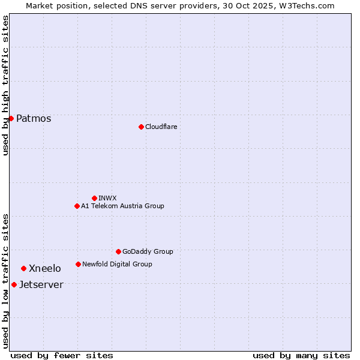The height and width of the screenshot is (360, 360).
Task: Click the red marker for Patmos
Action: [x=11, y=118]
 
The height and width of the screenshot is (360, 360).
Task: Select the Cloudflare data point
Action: [x=141, y=127]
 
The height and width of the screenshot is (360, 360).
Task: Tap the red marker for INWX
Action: [x=94, y=198]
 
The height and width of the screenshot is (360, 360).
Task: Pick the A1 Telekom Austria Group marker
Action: [x=77, y=206]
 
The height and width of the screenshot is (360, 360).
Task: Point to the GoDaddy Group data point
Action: [x=118, y=251]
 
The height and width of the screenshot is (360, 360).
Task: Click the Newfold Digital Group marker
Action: [x=78, y=264]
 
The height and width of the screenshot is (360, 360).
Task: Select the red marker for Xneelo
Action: [x=23, y=268]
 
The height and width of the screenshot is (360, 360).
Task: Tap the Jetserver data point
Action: [x=14, y=284]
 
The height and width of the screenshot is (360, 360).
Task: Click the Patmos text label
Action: [x=34, y=118]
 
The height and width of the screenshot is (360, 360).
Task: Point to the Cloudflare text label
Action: [x=161, y=127]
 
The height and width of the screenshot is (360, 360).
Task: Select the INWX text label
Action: [x=107, y=198]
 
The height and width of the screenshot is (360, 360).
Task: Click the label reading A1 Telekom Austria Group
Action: [x=122, y=206]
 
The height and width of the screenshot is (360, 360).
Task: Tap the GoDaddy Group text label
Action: [x=148, y=251]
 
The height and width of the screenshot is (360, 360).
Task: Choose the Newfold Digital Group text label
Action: [x=117, y=264]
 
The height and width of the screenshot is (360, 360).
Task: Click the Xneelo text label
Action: [x=45, y=268]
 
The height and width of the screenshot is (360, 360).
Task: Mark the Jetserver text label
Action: [x=41, y=284]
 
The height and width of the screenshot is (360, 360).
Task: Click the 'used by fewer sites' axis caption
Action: [x=62, y=355]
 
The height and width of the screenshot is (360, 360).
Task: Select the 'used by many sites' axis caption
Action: [x=301, y=355]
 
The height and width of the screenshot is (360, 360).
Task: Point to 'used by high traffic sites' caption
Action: [x=5, y=85]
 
